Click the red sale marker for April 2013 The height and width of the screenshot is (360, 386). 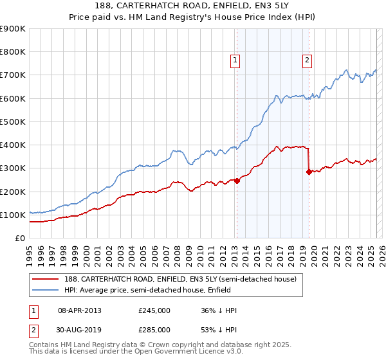[x=237, y=181]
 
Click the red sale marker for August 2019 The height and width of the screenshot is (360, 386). [x=309, y=172]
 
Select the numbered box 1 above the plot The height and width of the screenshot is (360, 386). [x=235, y=60]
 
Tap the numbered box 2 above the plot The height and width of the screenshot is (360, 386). [x=308, y=60]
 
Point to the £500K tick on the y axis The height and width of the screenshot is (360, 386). [x=13, y=122]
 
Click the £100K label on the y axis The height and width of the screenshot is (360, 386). [x=13, y=215]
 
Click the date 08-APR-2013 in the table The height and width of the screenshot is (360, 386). [x=80, y=310]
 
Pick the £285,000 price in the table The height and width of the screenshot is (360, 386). [x=154, y=330]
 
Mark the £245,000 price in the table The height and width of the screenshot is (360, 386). [x=154, y=310]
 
